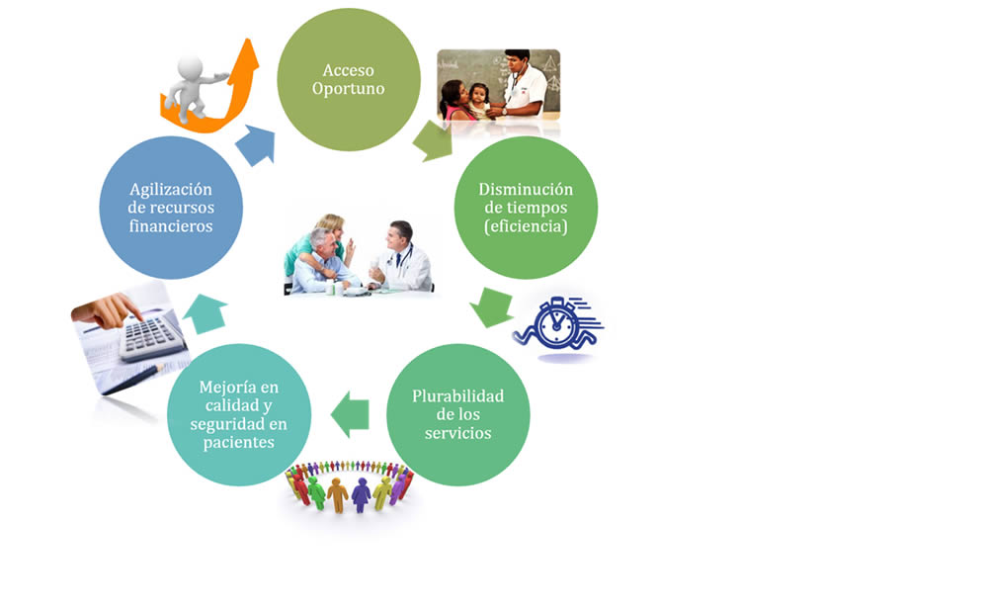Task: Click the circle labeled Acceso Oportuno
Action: pos(348,79)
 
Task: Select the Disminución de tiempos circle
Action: pos(525,207)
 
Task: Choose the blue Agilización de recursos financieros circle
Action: pos(171,207)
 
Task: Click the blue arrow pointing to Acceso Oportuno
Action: pos(255,145)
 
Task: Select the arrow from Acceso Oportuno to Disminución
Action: pos(432,140)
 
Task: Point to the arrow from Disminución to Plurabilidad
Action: pos(490,305)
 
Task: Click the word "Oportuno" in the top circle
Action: pos(348,89)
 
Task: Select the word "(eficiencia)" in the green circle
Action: pos(525,226)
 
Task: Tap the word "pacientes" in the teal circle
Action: pos(238,442)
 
